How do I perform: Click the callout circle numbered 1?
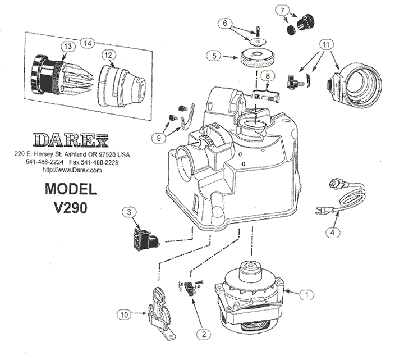click(306, 293)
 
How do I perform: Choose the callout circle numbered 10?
click(122, 315)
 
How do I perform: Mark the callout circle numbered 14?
click(87, 42)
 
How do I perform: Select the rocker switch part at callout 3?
click(145, 237)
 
